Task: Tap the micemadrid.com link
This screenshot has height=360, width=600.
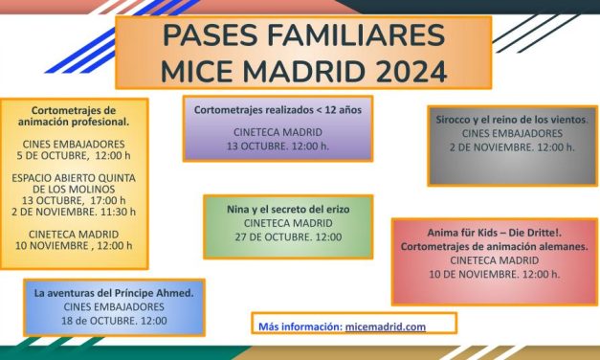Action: pos(387,326)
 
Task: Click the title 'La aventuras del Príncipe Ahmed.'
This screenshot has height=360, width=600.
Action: pos(114,292)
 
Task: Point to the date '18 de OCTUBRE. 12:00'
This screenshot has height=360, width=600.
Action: pos(114,321)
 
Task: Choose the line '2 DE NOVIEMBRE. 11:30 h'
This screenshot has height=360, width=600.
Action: pos(74,212)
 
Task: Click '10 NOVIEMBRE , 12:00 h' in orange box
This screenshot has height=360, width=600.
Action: pos(74,246)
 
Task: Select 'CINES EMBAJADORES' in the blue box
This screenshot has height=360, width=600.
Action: pos(114,307)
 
